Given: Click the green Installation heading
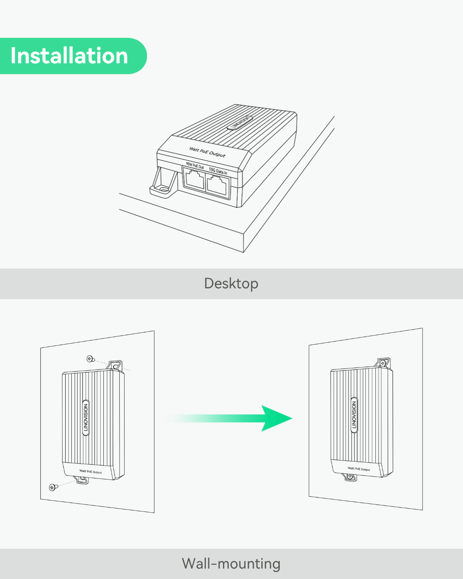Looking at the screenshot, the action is pos(69,56).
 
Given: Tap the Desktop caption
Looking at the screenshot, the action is pos(231,284).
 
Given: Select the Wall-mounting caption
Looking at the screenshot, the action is pos(231,564).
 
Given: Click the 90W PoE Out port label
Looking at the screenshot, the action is pos(195,166).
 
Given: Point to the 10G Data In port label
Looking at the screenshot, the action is pos(218,171).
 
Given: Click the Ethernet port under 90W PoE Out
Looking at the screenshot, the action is pos(194,179).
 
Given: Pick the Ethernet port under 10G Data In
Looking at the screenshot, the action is pos(217,185).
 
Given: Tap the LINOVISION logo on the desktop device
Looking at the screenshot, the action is pos(240,123).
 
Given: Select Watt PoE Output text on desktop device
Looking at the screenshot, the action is pos(207,152).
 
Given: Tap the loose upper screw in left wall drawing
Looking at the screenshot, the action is pos(90,359).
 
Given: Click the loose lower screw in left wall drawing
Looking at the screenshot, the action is pos(53,487).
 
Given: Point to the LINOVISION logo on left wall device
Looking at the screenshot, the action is pos(86,417).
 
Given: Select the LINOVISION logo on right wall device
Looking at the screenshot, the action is pos(354,415).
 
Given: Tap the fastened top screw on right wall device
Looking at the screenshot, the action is pos(383,363).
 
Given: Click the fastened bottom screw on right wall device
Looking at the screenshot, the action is pos(350,476).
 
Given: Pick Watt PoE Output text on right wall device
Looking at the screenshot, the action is pos(359,469).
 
